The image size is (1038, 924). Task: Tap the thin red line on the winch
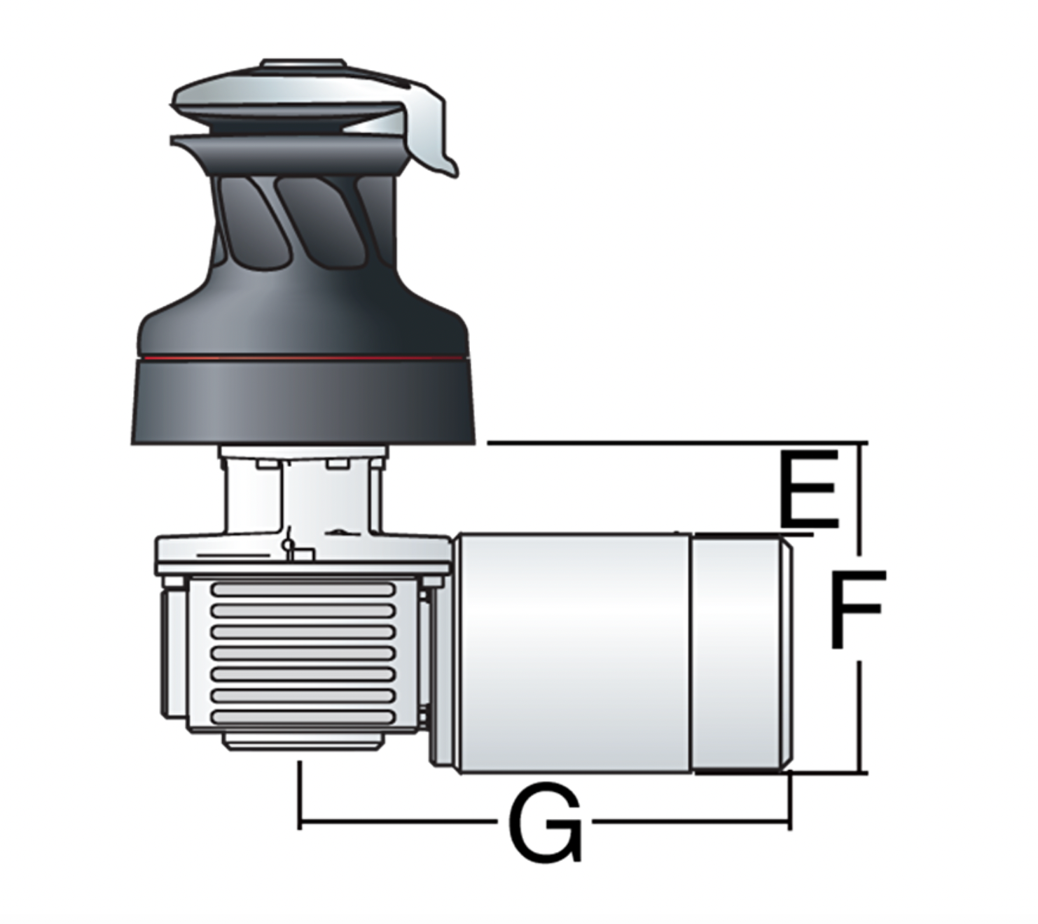coord(305,358)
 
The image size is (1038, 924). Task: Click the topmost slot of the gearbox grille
coord(303,589)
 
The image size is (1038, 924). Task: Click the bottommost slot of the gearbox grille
coord(303,717)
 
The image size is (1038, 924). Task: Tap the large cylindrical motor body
coord(573,653)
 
